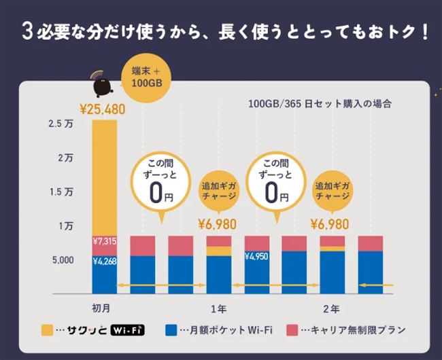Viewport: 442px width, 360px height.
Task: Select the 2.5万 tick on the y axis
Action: [x=62, y=124]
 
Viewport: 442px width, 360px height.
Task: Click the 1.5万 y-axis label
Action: [x=62, y=192]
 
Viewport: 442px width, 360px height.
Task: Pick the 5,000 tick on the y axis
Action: [x=61, y=260]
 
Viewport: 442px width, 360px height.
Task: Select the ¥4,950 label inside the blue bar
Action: [x=256, y=257]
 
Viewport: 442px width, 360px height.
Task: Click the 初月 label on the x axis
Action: [x=105, y=309]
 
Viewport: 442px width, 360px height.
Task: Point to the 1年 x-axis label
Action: [x=219, y=309]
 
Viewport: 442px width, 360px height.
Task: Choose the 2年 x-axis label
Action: [x=331, y=309]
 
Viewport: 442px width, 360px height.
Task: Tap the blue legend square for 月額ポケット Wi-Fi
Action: [x=171, y=331]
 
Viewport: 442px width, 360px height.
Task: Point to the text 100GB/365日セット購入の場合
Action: [x=319, y=105]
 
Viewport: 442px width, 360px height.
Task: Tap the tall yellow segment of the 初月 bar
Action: [x=104, y=177]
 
